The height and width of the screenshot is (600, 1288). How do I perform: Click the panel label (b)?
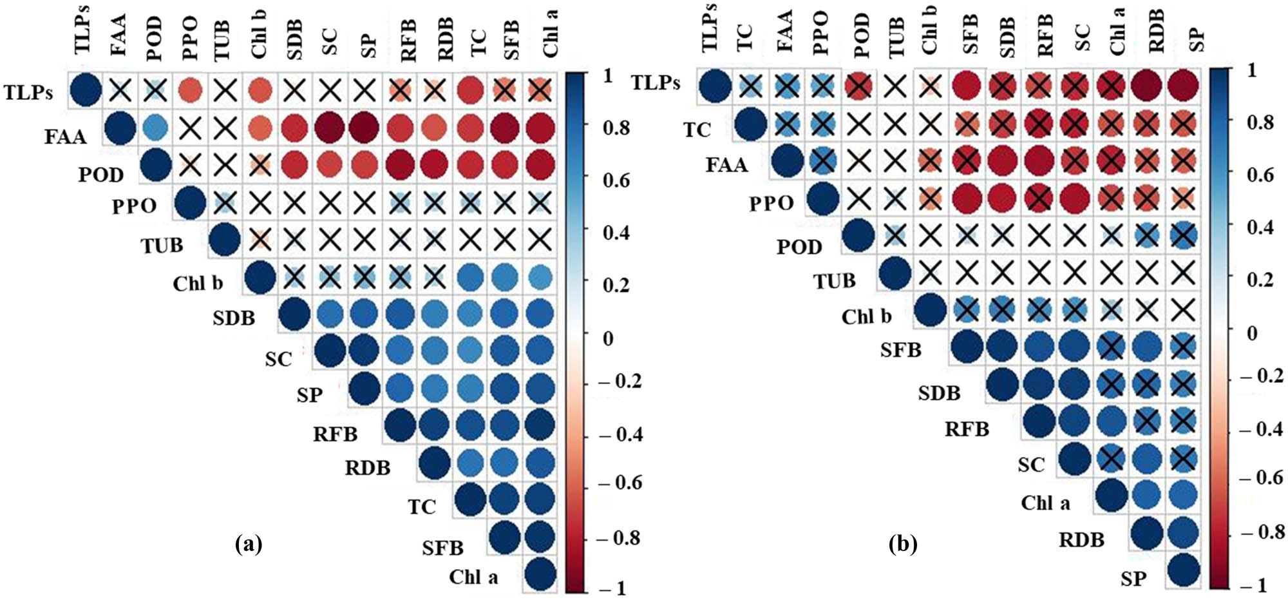902,545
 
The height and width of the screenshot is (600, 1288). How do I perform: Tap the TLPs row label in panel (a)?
28,92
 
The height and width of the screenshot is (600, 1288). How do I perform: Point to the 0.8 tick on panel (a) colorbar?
616,128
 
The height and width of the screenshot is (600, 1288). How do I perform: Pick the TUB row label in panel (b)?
834,281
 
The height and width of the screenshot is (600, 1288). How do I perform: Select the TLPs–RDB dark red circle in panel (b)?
1146,84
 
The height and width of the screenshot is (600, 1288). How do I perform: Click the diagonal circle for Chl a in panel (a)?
539,574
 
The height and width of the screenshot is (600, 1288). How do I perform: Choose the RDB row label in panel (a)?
367,467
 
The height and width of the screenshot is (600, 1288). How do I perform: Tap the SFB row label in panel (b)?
900,350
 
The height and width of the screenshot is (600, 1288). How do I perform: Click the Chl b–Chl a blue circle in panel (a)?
539,278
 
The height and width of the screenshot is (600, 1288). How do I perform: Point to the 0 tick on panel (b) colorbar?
1252,333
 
